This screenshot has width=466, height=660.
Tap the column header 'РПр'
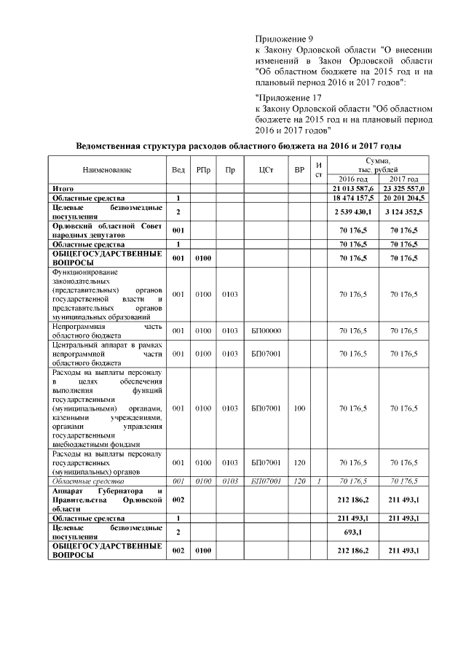pos(203,170)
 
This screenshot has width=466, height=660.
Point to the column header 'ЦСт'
pos(266,170)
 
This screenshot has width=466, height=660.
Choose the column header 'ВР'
pos(299,170)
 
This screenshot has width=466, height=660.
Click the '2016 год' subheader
pos(353,179)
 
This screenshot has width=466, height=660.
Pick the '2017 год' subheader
pos(403,179)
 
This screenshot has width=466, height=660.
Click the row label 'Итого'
pos(63,188)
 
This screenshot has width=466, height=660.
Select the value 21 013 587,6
pos(353,188)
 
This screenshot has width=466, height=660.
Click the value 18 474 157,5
pos(353,198)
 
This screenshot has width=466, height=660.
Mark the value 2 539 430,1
pos(353,211)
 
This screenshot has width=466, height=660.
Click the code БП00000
pos(266,330)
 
